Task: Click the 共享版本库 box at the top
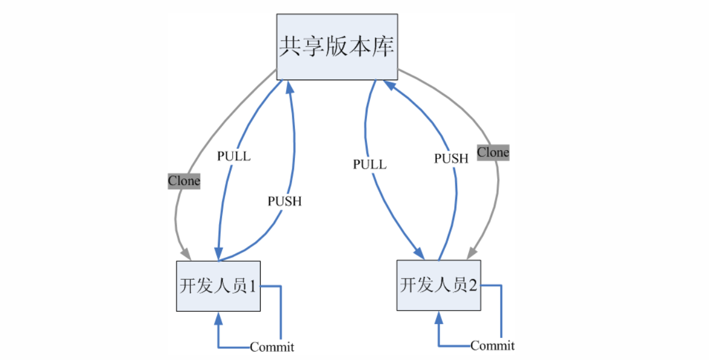coord(337,47)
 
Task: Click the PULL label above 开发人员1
coord(234,156)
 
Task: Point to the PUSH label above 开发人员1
coord(284,201)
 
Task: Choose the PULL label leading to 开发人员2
coord(369,165)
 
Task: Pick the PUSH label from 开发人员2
coord(451,158)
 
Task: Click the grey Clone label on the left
coord(184,181)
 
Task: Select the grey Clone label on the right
coord(493,152)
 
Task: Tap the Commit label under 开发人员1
coord(272,347)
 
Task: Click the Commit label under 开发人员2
coord(492,345)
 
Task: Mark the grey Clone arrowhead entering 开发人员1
coord(186,254)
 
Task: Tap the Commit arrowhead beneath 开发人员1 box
coord(218,318)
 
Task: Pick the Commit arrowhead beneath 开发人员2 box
coord(439,318)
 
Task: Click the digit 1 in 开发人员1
coord(253,286)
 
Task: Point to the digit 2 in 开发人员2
coord(473,285)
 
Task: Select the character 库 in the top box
coord(382,47)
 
